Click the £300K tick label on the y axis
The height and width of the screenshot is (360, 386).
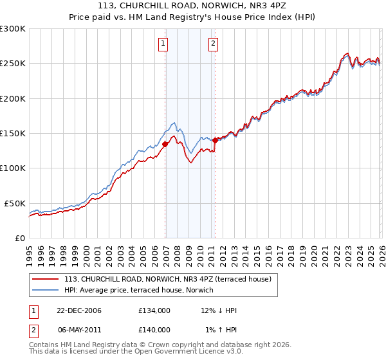point(12,29)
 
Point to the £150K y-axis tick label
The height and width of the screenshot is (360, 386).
point(12,133)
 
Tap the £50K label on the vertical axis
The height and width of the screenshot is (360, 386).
point(14,203)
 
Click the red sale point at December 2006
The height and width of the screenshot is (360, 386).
point(165,144)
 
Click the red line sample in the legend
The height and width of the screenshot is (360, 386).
point(46,279)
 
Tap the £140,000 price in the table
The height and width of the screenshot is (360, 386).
point(154,329)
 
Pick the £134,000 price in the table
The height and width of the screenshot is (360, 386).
point(154,310)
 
